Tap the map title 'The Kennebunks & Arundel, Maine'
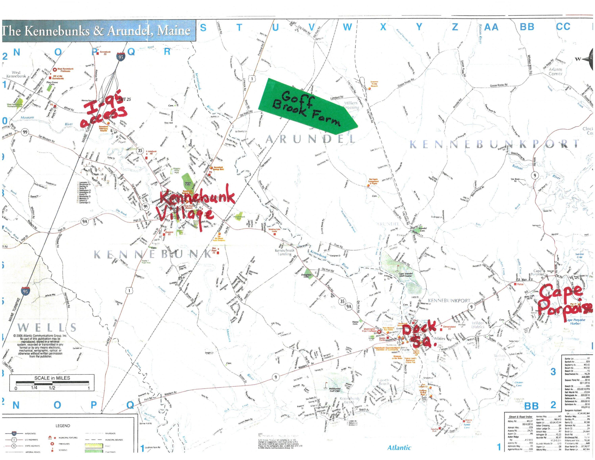97,31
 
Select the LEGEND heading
63,426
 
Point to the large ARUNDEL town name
311,139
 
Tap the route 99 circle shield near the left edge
25,132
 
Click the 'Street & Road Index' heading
520,417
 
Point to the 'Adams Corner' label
556,71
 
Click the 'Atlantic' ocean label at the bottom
399,447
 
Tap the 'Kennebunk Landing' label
284,252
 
